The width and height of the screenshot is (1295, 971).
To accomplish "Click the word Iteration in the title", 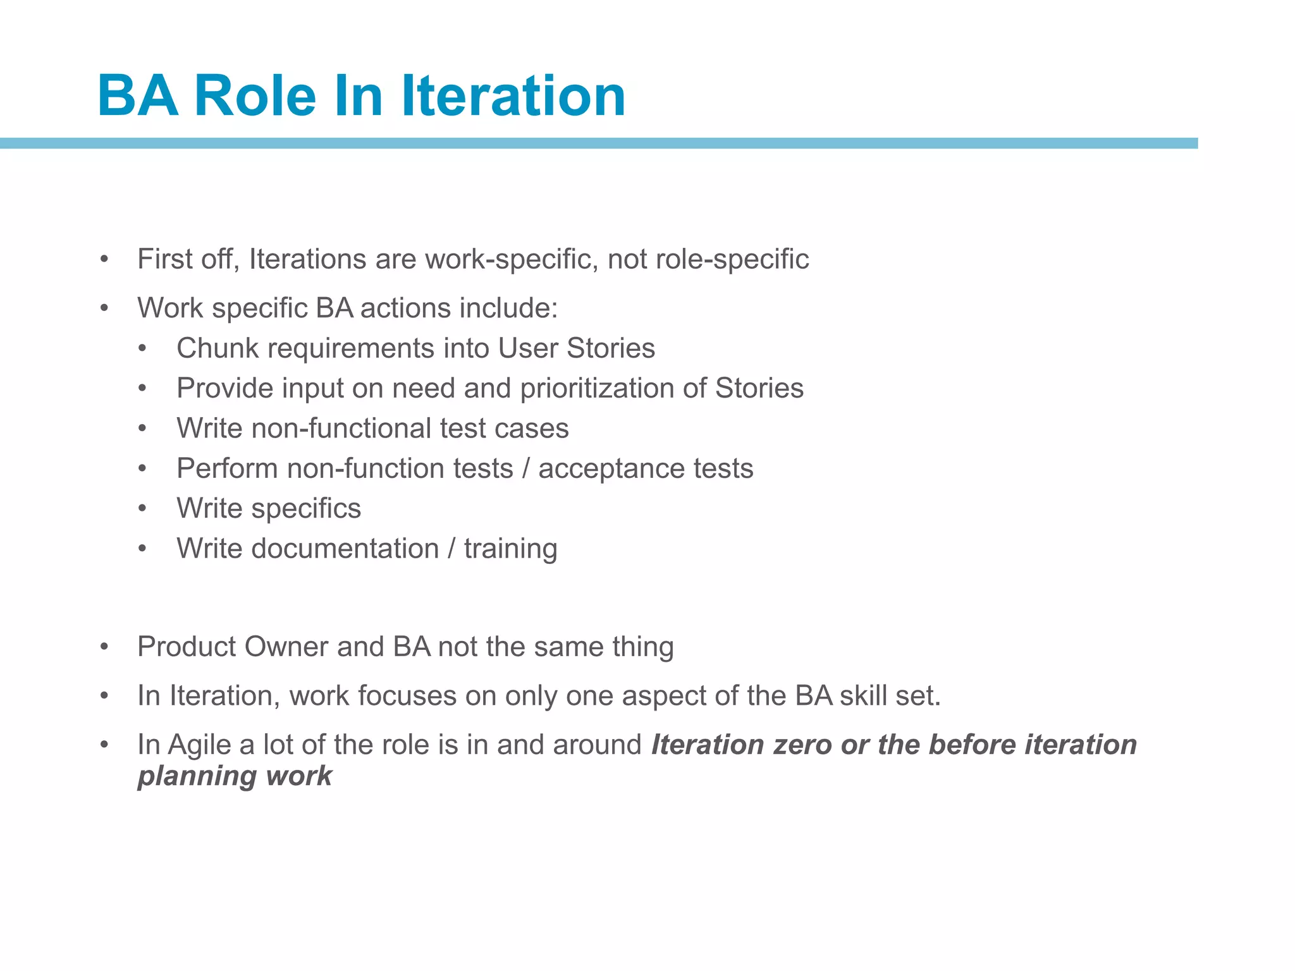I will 513,96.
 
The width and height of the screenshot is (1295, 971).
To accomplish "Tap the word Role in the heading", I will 255,96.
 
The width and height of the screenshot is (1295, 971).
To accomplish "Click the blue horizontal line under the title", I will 598,144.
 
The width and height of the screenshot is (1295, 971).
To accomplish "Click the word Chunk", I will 218,348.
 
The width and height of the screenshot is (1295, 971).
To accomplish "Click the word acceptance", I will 611,468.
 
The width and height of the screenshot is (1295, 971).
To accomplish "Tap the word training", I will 510,549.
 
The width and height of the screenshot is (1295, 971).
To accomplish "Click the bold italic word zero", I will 801,745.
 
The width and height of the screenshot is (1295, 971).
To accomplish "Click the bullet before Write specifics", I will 143,509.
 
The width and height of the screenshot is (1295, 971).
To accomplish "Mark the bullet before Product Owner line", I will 104,647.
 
